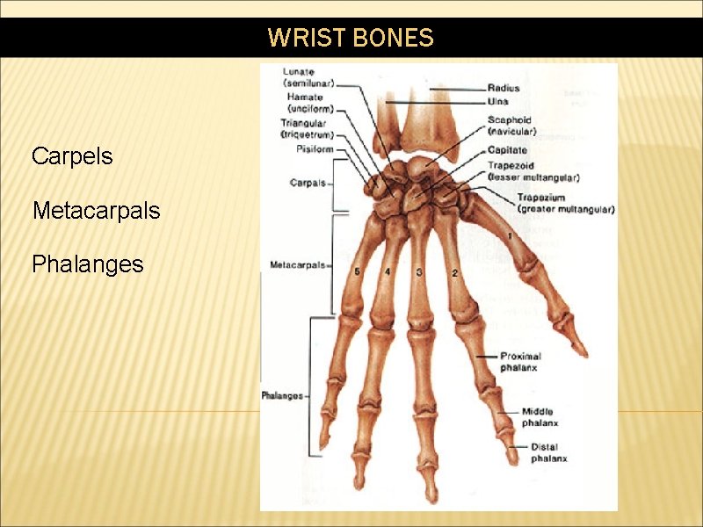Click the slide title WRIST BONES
pos(351,38)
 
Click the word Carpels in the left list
pos(72,156)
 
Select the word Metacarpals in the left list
pos(96,211)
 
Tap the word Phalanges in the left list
pos(87,264)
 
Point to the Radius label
pos(504,88)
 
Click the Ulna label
pos(498,102)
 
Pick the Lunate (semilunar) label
pos(308,76)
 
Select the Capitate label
pos(508,151)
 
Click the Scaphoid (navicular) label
pos(511,126)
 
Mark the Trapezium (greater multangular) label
pos(565,204)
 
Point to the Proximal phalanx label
pos(520,362)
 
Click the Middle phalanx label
pos(537,416)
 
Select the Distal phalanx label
pos(548,452)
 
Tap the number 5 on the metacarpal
pos(357,272)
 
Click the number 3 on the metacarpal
pos(419,272)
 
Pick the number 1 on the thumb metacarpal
pos(511,237)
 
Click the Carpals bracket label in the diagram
pos(307,183)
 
